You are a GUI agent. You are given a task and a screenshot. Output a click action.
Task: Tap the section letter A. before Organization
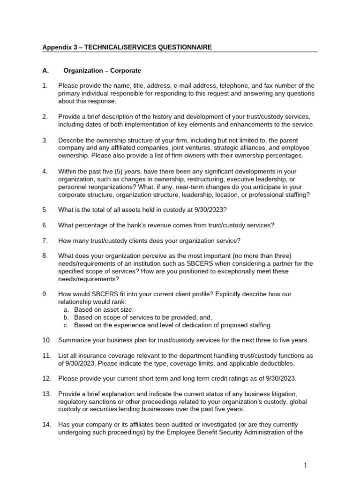45,71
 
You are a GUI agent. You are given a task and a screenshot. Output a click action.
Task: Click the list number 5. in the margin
45,210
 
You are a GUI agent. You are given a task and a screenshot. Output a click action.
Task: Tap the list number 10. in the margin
46,340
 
